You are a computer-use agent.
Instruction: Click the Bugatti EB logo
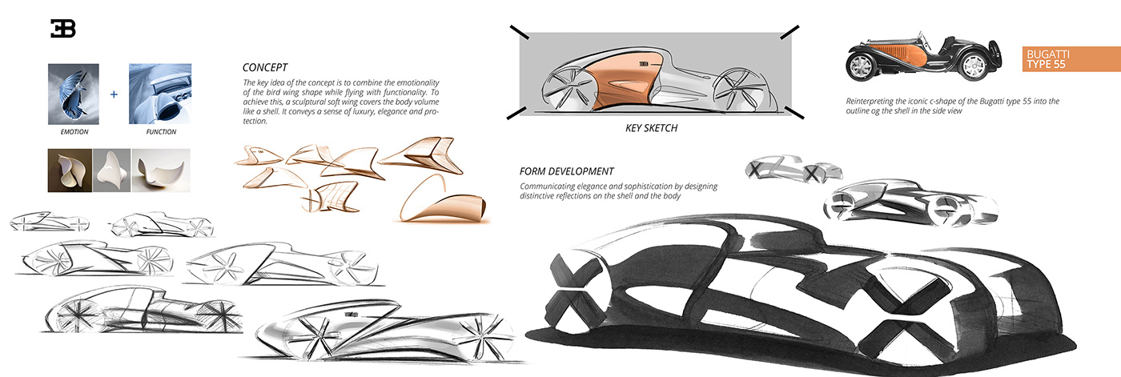click(63, 30)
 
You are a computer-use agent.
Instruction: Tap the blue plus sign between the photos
click(114, 94)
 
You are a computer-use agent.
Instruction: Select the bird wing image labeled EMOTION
click(73, 94)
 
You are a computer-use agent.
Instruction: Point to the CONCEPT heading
click(264, 68)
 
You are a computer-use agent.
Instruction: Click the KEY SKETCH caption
click(651, 127)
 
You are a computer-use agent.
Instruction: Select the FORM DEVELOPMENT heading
click(566, 171)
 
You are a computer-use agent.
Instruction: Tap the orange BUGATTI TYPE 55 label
click(1070, 58)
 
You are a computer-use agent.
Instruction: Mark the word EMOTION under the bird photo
click(73, 132)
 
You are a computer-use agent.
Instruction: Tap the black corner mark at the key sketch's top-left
click(520, 33)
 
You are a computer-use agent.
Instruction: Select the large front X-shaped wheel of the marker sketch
click(574, 297)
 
